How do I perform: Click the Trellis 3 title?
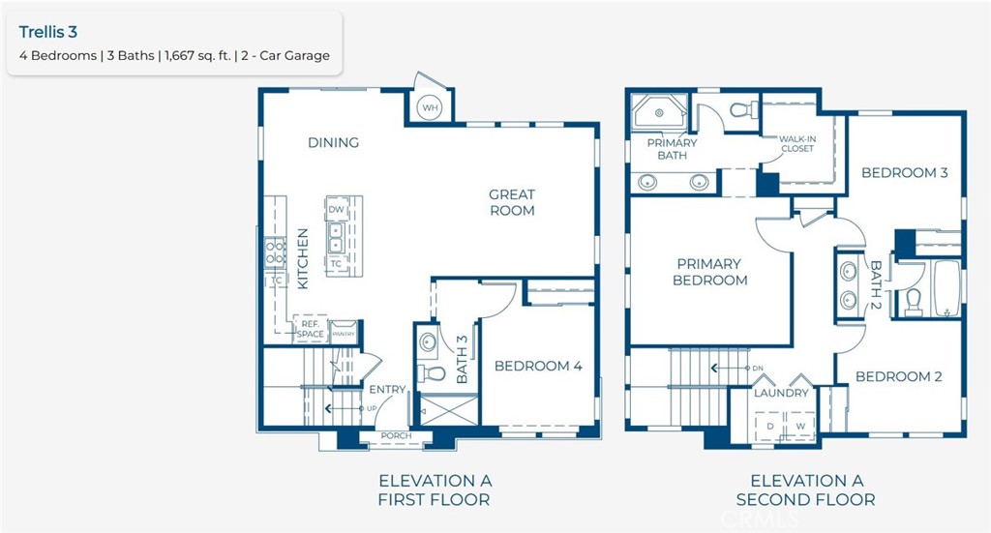[x=49, y=32]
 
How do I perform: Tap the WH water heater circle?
[x=430, y=108]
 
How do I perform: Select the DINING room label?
[x=333, y=142]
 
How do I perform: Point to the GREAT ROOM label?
[x=511, y=202]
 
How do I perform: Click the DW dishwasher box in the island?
[x=336, y=210]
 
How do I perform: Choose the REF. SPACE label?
[x=311, y=330]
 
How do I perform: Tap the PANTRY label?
[x=345, y=334]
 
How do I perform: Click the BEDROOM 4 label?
[x=538, y=366]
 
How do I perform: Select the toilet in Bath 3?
[x=432, y=372]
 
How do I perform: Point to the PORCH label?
[x=396, y=436]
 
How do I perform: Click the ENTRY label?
[x=388, y=390]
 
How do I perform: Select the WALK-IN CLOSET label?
[x=796, y=144]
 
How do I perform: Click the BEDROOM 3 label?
[x=904, y=173]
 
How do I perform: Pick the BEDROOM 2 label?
[x=898, y=376]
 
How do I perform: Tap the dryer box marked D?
[x=771, y=426]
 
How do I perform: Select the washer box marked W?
[x=800, y=426]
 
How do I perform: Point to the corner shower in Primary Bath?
[x=660, y=115]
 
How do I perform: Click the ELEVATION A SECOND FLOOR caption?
[x=805, y=490]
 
